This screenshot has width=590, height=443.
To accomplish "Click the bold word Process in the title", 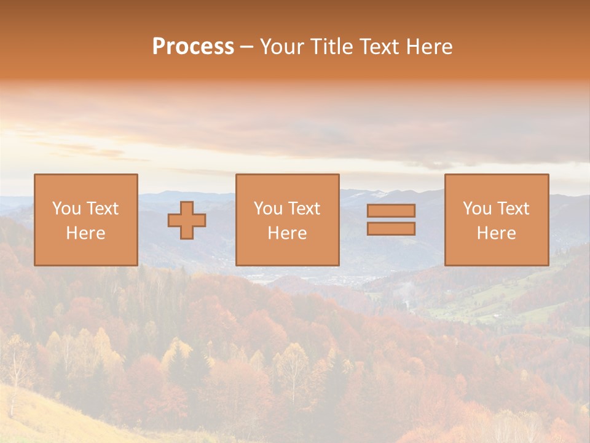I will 193,47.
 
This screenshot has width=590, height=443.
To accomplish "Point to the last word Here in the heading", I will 428,47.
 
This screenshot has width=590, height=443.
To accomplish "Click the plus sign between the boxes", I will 187,220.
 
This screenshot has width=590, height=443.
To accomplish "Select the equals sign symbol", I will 391,220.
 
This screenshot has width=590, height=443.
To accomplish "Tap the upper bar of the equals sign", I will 391,210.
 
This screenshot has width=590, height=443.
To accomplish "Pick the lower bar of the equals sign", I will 391,229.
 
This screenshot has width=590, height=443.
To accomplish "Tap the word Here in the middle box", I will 288,233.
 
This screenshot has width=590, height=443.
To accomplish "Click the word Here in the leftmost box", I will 86,233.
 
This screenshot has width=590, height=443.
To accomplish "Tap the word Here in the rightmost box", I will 497,233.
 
